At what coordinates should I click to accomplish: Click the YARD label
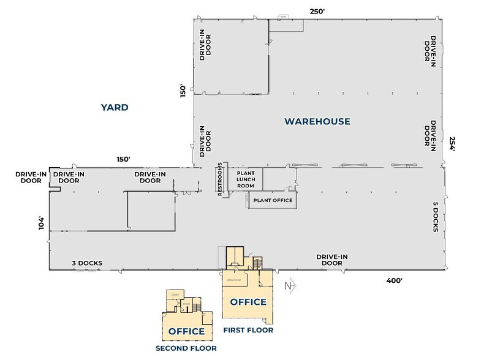tap(115, 108)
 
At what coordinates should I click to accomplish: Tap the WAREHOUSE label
tap(317, 121)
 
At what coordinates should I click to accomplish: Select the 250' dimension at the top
tap(317, 12)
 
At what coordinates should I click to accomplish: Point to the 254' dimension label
tap(453, 144)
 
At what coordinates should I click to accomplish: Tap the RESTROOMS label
tap(220, 181)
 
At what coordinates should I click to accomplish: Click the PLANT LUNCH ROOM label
tap(245, 179)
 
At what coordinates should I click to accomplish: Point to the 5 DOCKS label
tap(434, 217)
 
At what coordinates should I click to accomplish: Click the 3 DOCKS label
tap(86, 263)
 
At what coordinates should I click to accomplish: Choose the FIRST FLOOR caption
tap(248, 330)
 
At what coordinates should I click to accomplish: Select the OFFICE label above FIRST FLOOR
tap(248, 302)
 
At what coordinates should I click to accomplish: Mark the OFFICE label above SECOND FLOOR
tap(186, 331)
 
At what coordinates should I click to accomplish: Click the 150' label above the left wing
tap(124, 159)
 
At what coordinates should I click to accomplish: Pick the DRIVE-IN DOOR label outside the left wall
tap(28, 177)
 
